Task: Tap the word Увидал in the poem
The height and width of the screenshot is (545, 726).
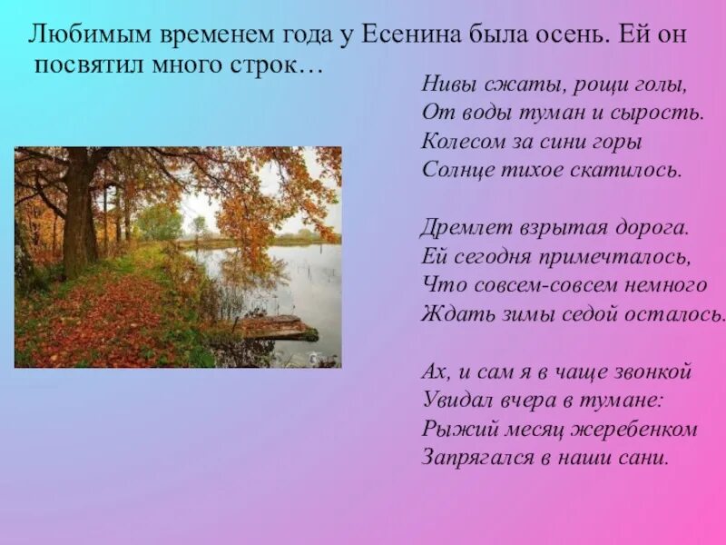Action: (x=454, y=400)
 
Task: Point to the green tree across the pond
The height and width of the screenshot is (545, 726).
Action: (x=161, y=222)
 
